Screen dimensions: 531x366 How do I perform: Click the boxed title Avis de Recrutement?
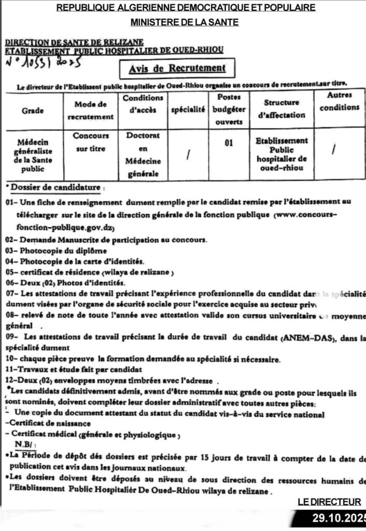click(177, 68)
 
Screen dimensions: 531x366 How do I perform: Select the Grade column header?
click(33, 110)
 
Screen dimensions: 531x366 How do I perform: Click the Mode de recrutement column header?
click(90, 110)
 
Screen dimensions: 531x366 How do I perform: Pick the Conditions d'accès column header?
click(143, 104)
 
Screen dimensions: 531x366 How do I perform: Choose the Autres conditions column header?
click(339, 102)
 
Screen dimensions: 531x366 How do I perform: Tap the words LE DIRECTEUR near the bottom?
click(329, 501)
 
